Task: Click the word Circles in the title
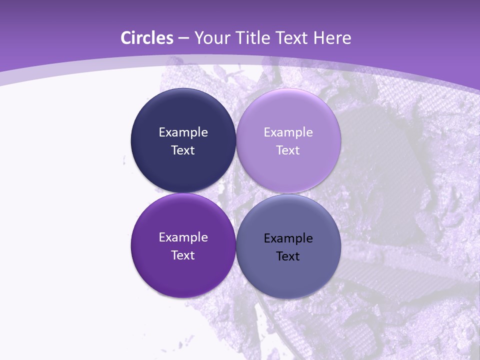pos(146,38)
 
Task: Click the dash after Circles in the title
pos(183,38)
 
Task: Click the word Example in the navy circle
pos(183,132)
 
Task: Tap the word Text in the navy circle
pos(183,150)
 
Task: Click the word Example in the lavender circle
pos(288,132)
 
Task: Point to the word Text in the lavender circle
pos(288,150)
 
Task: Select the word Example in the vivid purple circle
pos(183,237)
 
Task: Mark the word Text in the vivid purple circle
pos(183,255)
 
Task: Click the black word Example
pos(288,238)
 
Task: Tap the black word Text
pos(288,256)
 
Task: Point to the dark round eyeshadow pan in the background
pos(380,150)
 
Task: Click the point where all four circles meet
pos(236,193)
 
